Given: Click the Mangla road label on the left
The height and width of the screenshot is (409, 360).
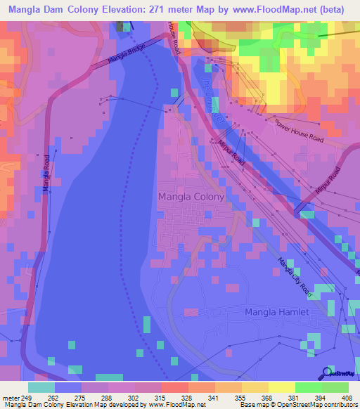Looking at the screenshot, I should tap(46, 173).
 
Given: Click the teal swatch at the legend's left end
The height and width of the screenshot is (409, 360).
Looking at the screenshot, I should tap(41, 387).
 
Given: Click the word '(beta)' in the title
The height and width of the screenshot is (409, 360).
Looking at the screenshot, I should tap(333, 10).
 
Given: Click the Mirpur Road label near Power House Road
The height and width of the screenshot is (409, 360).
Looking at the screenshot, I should tap(231, 152).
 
